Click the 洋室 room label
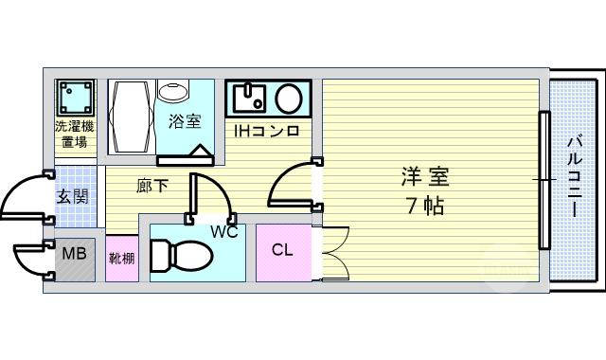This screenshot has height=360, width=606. tap(425, 176)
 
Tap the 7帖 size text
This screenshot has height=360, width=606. tap(425, 206)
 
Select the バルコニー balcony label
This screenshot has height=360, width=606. tap(574, 176)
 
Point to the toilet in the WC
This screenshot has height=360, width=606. tap(181, 255)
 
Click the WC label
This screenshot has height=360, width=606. tap(223, 232)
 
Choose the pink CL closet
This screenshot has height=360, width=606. tap(284, 253)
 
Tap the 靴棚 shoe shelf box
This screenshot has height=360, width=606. tap(122, 259)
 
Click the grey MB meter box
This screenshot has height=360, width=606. tap(75, 260)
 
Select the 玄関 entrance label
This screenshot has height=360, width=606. tap(73, 197)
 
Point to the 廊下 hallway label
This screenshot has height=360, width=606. tap(152, 186)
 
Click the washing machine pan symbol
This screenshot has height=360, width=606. tap(76, 98)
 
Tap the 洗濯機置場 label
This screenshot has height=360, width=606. tap(75, 135)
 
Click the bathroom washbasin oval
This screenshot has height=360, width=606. tap(173, 92)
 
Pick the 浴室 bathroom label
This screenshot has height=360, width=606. tap(185, 121)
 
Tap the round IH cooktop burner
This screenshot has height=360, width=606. tap(289, 98)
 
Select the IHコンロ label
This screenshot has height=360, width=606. tap(267, 131)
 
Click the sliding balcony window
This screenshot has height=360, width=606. tap(544, 180)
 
